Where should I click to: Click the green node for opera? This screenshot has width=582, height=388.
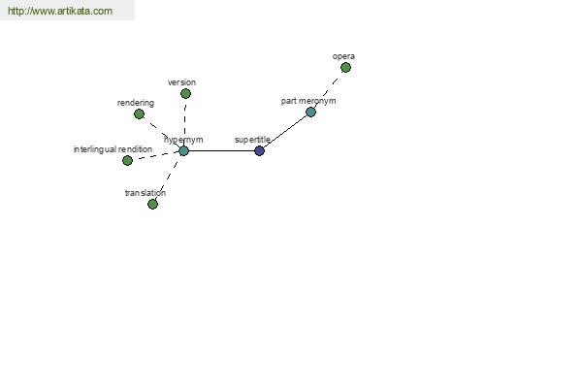pyautogui.click(x=345, y=68)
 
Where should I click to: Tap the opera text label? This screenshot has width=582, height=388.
pyautogui.click(x=343, y=56)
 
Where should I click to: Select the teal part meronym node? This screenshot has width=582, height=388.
pyautogui.click(x=310, y=112)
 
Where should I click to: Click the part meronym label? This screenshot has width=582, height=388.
pyautogui.click(x=308, y=101)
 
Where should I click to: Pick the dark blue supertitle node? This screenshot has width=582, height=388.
pyautogui.click(x=259, y=150)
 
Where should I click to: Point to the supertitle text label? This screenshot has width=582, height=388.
pyautogui.click(x=252, y=140)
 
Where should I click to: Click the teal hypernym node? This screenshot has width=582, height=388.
pyautogui.click(x=183, y=150)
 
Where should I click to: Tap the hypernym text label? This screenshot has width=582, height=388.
pyautogui.click(x=183, y=140)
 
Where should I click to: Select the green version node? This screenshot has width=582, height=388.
pyautogui.click(x=185, y=93)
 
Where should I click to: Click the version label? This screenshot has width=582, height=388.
pyautogui.click(x=181, y=82)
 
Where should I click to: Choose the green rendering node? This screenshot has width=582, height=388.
pyautogui.click(x=139, y=114)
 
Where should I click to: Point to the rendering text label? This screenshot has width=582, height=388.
pyautogui.click(x=136, y=103)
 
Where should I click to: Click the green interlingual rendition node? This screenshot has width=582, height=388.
pyautogui.click(x=127, y=160)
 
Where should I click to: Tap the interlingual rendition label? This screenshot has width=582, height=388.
pyautogui.click(x=113, y=149)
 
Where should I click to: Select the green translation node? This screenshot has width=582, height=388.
pyautogui.click(x=152, y=204)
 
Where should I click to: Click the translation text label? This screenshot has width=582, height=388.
pyautogui.click(x=145, y=193)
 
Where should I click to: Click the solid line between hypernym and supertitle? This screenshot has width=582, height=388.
pyautogui.click(x=221, y=150)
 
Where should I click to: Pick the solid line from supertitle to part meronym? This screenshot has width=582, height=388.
pyautogui.click(x=285, y=131)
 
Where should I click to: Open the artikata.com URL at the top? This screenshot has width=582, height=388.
pyautogui.click(x=60, y=11)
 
